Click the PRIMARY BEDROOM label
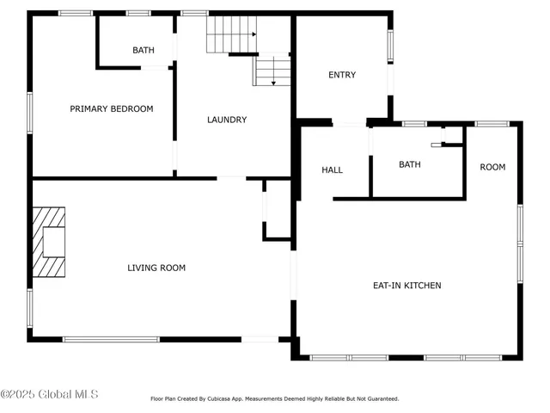pos(112,108)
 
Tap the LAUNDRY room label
pos(227,120)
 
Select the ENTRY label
pos(342,75)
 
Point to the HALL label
pos(333,170)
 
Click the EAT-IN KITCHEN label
pos(407,285)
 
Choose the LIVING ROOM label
pos(156,268)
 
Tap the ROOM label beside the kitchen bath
pos(492,167)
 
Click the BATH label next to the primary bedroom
pos(144,50)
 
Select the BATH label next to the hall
pos(410,164)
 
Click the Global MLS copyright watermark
pos(49,395)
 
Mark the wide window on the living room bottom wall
pos(112,339)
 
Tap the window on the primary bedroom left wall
pos(30,113)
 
